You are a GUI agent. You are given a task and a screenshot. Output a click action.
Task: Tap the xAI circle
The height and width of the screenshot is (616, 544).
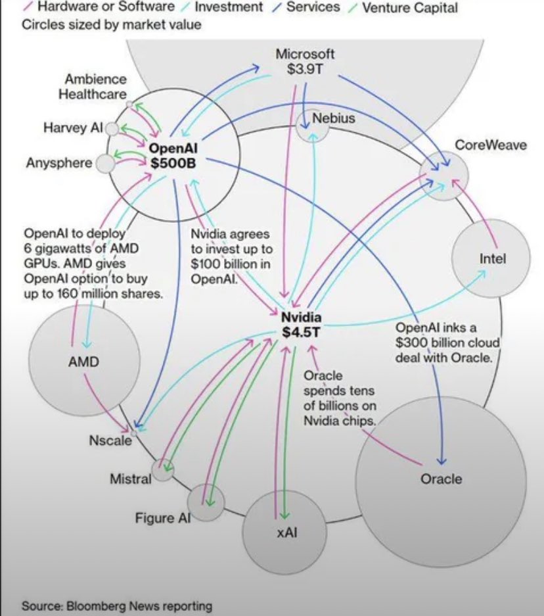(283, 533)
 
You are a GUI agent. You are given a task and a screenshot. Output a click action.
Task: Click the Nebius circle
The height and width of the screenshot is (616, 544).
(313, 124)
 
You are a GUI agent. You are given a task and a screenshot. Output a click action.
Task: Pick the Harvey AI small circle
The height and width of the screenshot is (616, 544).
(112, 129)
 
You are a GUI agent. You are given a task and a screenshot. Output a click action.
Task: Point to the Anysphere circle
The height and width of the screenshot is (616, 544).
(104, 164)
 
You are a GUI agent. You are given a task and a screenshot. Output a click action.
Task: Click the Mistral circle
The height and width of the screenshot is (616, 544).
(161, 471)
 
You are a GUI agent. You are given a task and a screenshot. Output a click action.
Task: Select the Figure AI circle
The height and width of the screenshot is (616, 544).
(206, 503)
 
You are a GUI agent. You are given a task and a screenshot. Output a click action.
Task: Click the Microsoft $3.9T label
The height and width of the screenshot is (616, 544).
(304, 62)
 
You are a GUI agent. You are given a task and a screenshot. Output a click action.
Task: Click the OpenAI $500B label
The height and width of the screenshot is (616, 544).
(173, 155)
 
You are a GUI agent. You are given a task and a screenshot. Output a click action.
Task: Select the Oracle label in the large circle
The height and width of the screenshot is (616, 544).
(441, 479)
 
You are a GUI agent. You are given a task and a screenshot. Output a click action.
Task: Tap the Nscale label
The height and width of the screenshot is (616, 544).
(110, 440)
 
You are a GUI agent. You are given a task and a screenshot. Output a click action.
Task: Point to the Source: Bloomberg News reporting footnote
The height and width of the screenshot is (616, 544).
(117, 605)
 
